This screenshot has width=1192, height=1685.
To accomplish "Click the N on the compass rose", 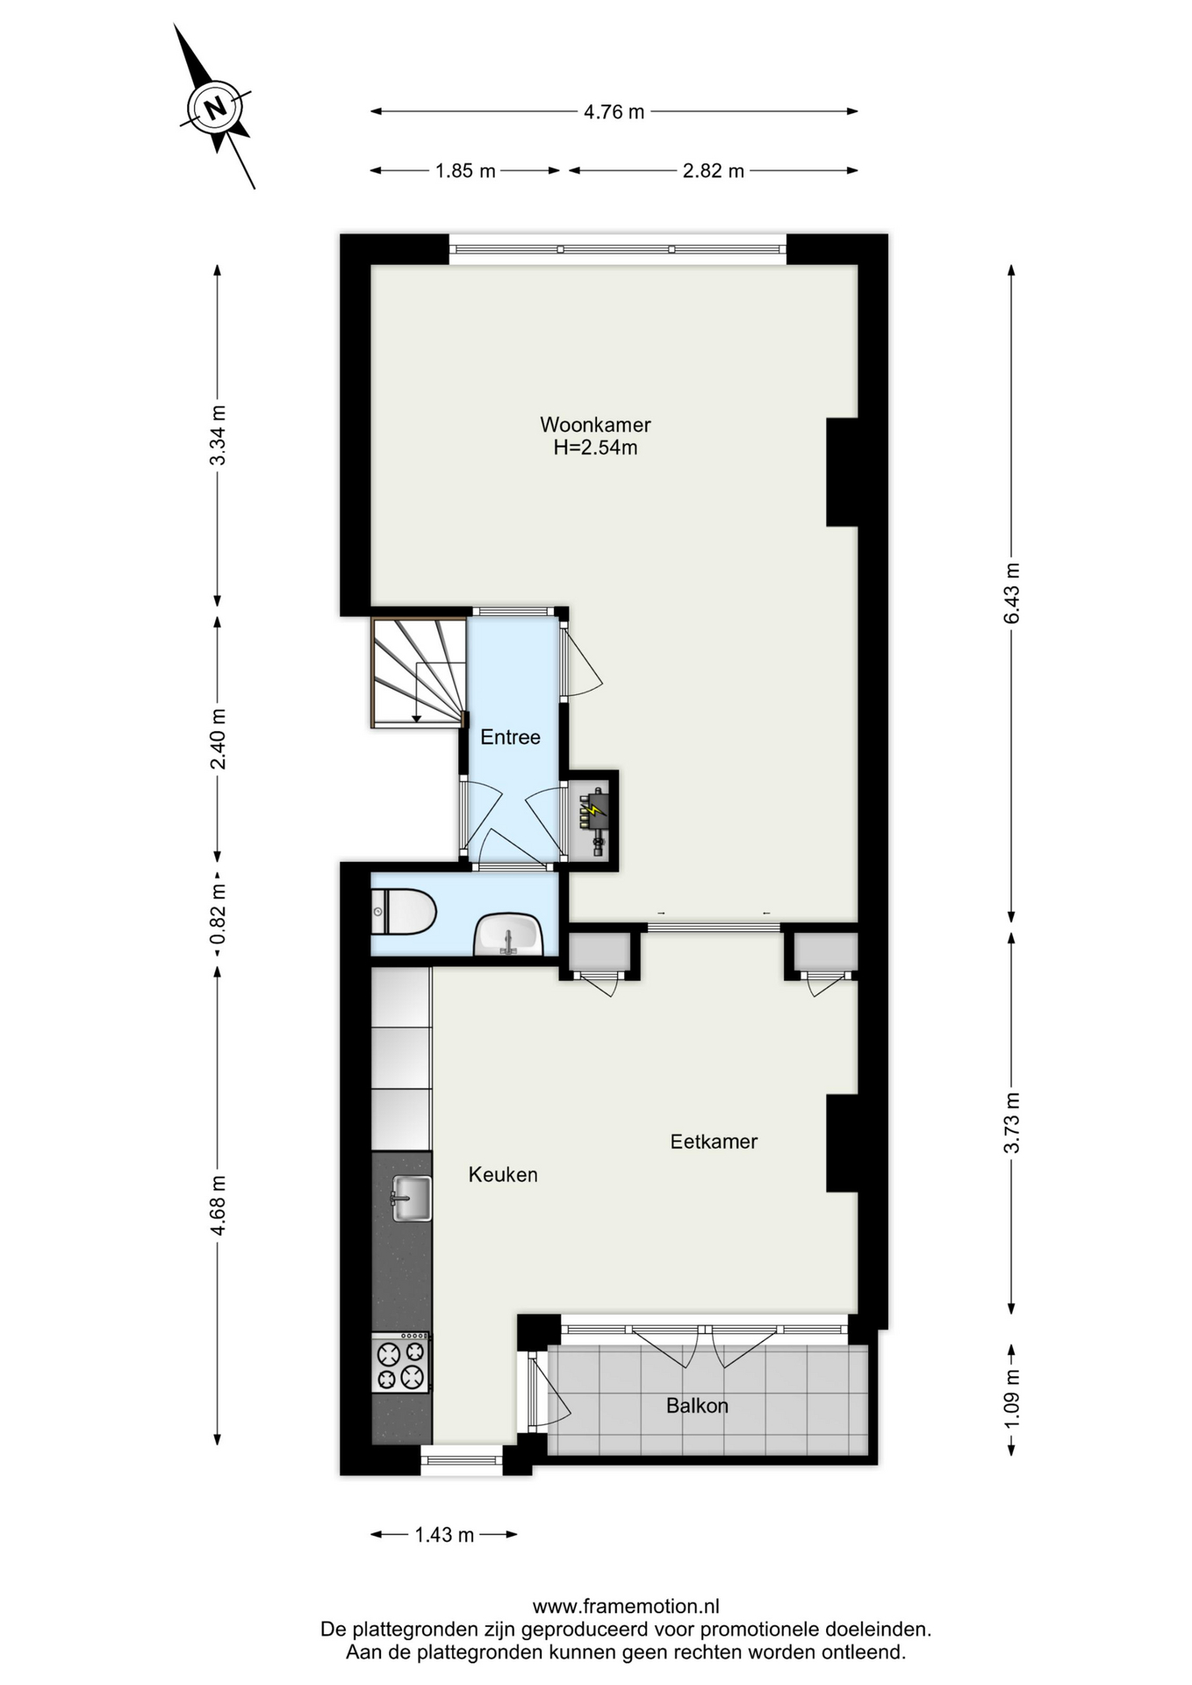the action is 215,108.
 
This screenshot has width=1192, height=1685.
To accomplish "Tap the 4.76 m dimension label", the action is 614,111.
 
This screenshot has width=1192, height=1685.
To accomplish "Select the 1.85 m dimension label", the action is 465,171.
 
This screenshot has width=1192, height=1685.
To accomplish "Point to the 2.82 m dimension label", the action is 713,171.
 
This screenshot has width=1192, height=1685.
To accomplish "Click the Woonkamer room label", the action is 595,425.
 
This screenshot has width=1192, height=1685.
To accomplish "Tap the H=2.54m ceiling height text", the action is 595,448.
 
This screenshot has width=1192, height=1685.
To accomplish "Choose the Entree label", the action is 510,737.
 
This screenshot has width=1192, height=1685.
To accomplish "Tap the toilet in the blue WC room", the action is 403,913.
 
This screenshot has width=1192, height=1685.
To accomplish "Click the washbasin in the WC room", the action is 508,934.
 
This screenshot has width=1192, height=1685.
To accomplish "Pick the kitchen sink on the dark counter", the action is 411,1198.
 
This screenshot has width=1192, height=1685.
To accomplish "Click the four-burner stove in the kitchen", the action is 401,1363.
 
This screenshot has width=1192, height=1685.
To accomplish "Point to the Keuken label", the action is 503,1175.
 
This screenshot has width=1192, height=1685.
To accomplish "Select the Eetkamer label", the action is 714,1142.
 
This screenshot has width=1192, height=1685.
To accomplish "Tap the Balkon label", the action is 697,1406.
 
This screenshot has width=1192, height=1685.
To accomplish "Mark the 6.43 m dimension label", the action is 1012,593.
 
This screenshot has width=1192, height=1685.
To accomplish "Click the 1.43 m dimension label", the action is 444,1535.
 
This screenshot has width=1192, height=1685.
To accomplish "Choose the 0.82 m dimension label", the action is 218,914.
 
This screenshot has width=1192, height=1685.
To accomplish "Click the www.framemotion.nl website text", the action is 626,1607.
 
